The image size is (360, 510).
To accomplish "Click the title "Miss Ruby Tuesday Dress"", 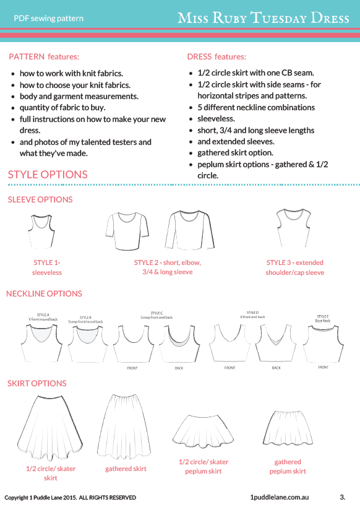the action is pyautogui.click(x=264, y=18).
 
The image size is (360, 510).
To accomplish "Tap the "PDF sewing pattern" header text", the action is pyautogui.click(x=48, y=19).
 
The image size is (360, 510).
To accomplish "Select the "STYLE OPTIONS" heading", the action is pyautogui.click(x=48, y=175).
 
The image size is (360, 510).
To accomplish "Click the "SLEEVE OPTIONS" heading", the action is pyautogui.click(x=40, y=199).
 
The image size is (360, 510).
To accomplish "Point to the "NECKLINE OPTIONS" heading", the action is pyautogui.click(x=44, y=293).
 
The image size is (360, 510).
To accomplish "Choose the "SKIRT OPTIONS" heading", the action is pyautogui.click(x=36, y=384).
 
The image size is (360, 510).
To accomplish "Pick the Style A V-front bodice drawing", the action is pyautogui.click(x=42, y=344).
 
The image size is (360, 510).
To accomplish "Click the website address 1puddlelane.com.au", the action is pyautogui.click(x=280, y=497).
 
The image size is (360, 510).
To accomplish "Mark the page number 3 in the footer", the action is pyautogui.click(x=342, y=496).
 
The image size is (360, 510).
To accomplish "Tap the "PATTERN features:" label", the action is pyautogui.click(x=44, y=56).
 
